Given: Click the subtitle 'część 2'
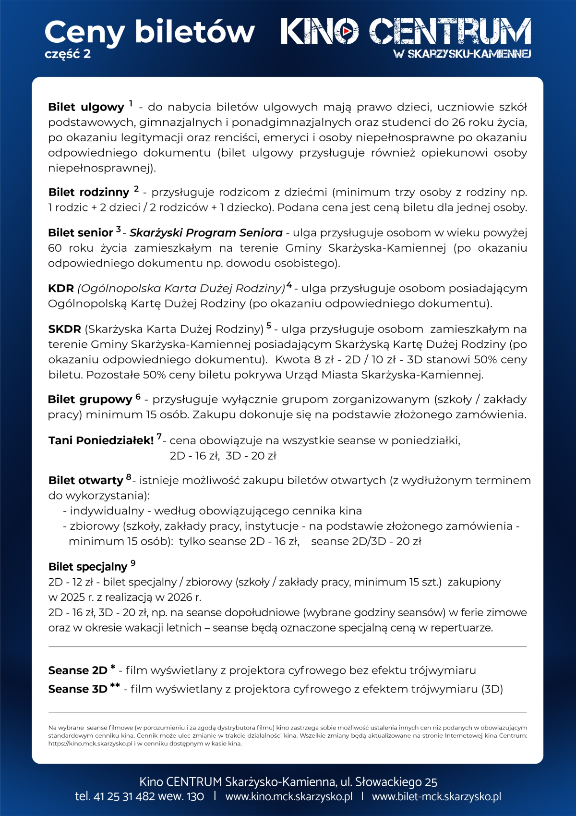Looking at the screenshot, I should pyautogui.click(x=68, y=54).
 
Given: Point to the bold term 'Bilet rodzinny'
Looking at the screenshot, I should pyautogui.click(x=89, y=193).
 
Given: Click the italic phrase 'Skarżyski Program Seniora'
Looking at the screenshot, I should pyautogui.click(x=206, y=233).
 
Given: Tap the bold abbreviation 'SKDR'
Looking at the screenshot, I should pyautogui.click(x=64, y=329).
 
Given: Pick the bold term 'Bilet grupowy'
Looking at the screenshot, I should pyautogui.click(x=90, y=400).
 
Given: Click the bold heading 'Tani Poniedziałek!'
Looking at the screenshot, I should pyautogui.click(x=101, y=440).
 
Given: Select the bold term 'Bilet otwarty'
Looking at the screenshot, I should pyautogui.click(x=86, y=480).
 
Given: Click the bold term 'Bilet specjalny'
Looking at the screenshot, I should pyautogui.click(x=88, y=567).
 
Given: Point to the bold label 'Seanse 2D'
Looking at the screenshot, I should pyautogui.click(x=78, y=670).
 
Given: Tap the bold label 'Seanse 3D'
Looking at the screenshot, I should pyautogui.click(x=78, y=689).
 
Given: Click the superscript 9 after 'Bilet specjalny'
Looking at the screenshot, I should pyautogui.click(x=133, y=563).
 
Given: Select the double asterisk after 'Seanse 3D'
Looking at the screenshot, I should pyautogui.click(x=115, y=685).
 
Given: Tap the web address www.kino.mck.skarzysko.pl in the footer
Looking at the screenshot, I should pyautogui.click(x=288, y=796).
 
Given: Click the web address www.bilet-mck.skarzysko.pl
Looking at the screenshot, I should pyautogui.click(x=436, y=796).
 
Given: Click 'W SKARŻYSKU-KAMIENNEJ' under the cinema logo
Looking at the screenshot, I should pyautogui.click(x=462, y=54).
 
